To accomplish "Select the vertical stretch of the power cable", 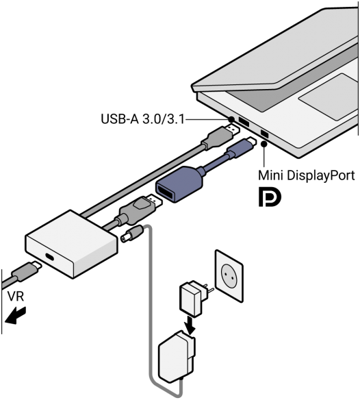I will (x=148, y=308).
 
